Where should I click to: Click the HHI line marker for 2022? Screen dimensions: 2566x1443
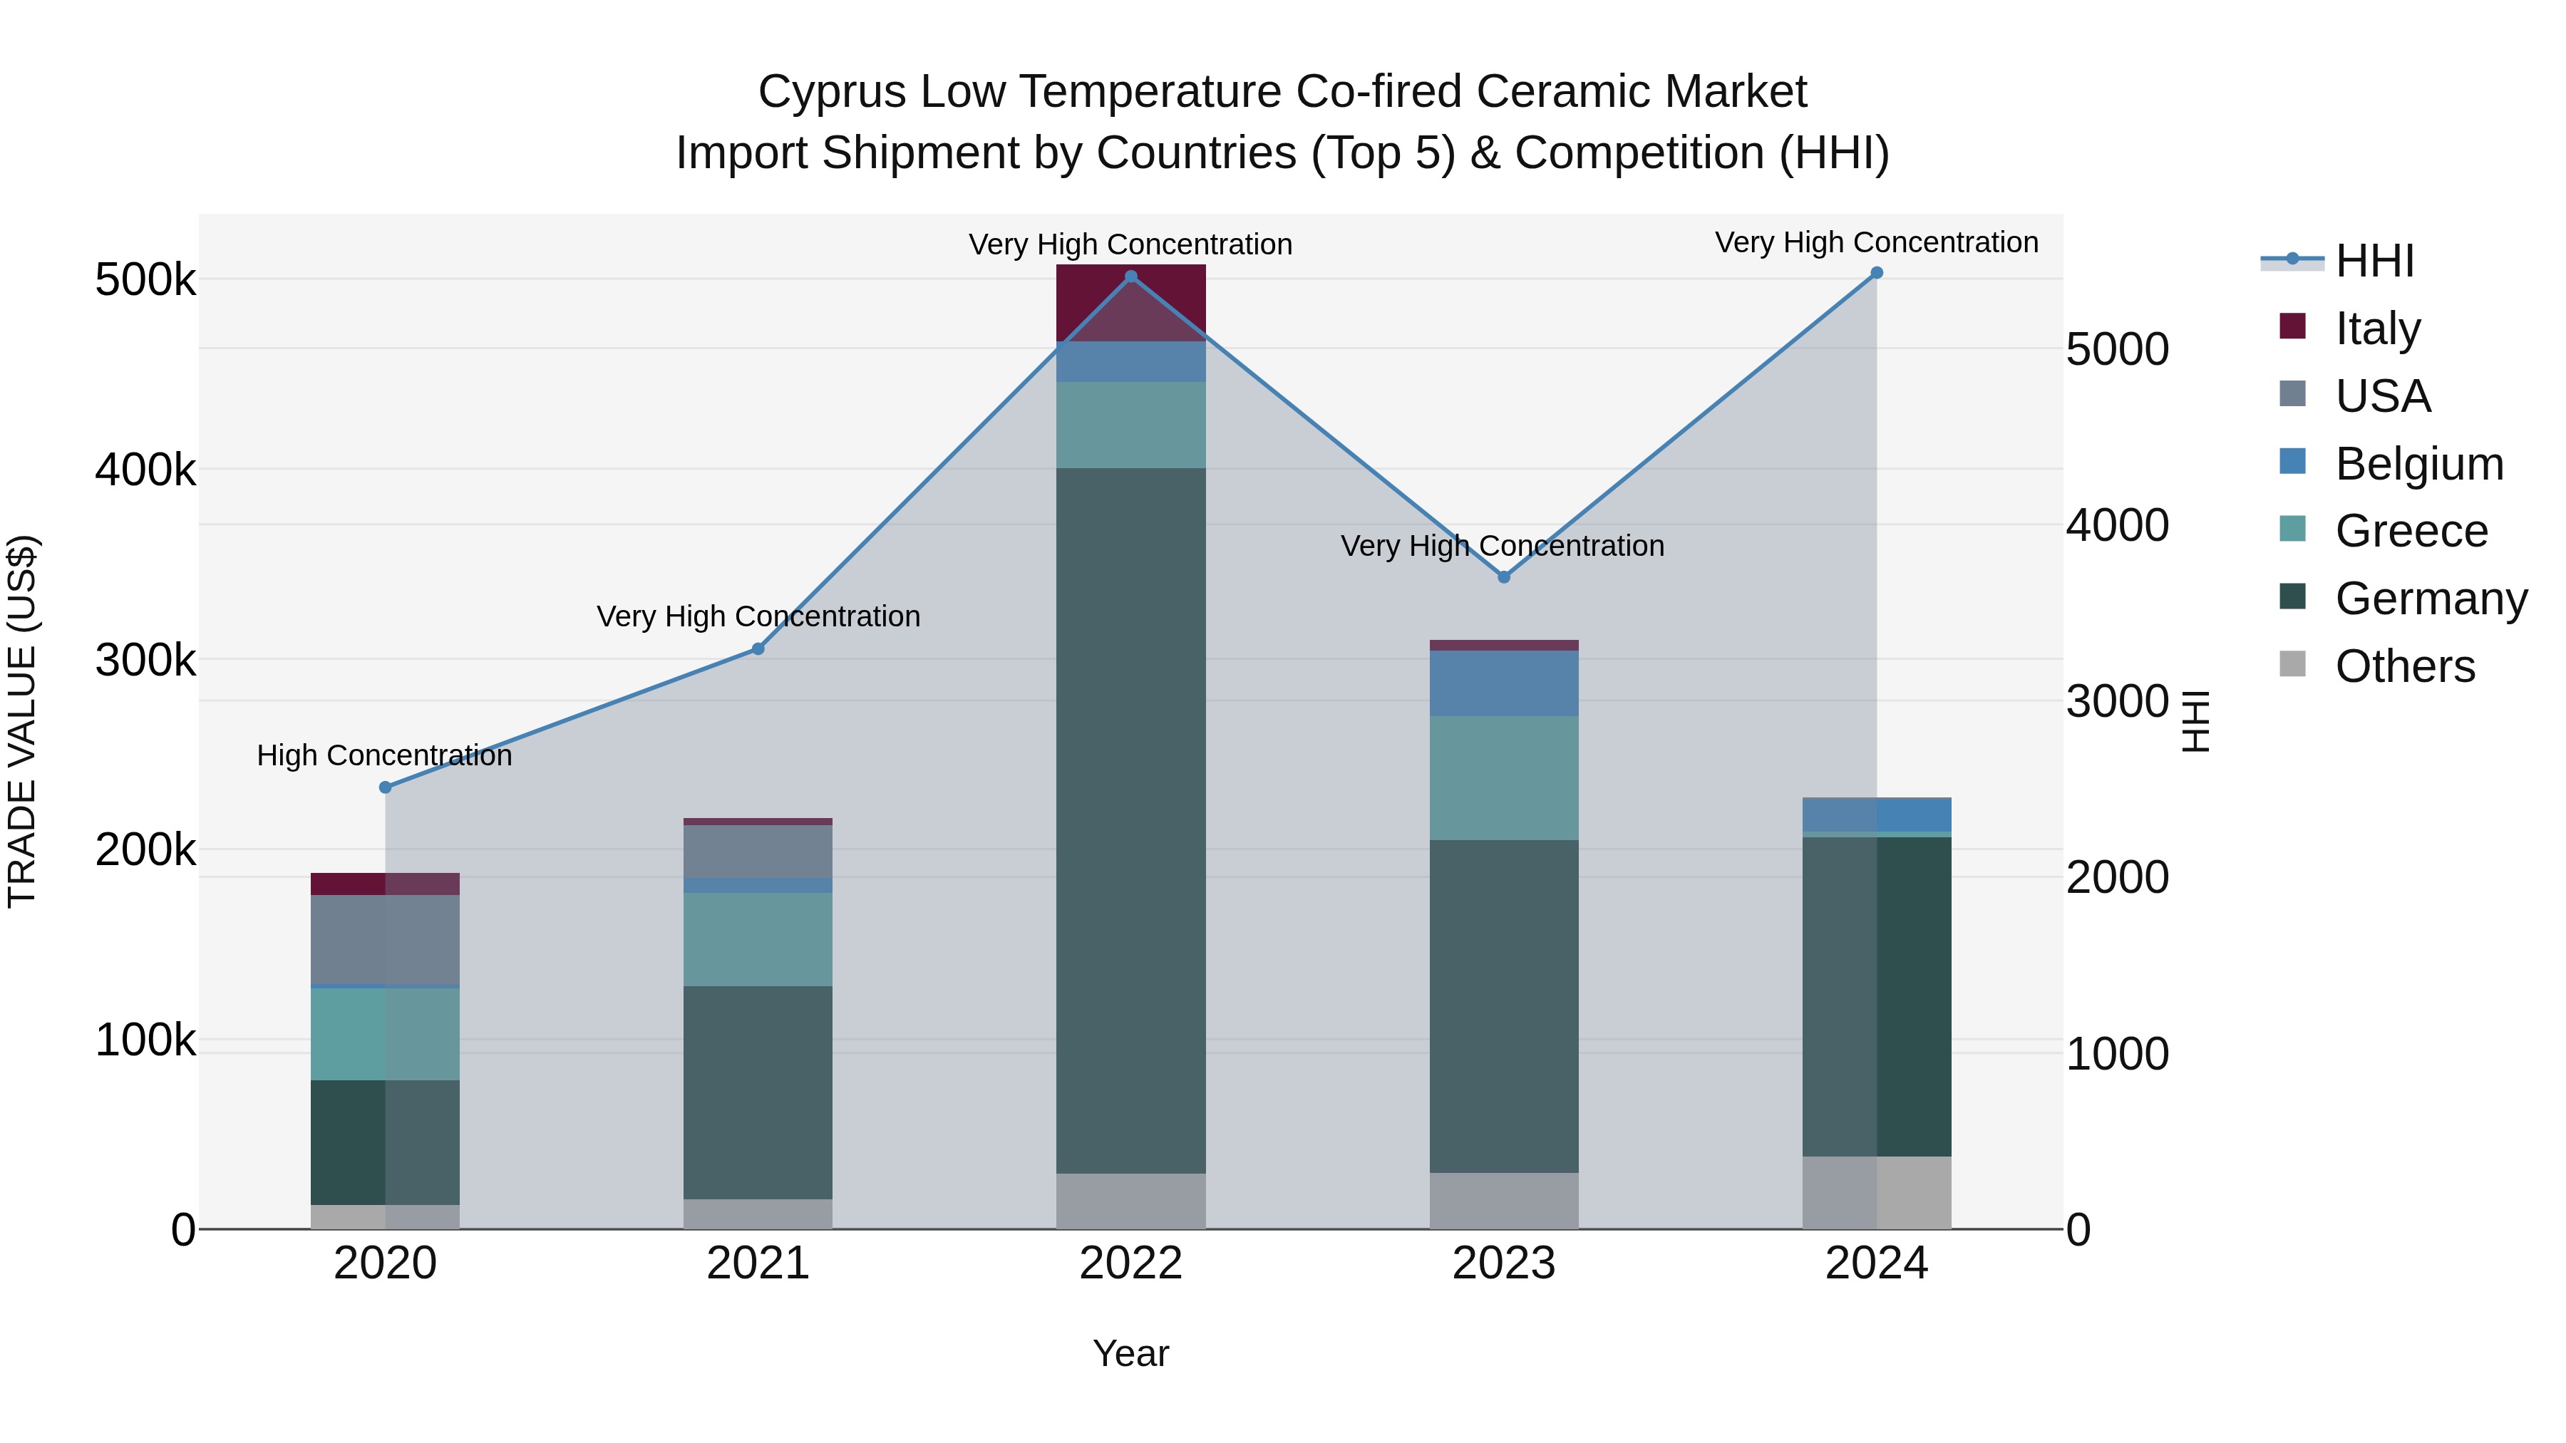[x=1130, y=277]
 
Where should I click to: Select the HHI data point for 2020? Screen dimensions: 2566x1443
[x=386, y=787]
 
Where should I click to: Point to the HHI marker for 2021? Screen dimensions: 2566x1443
[x=758, y=649]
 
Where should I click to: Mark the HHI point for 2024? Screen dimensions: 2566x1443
[x=1877, y=273]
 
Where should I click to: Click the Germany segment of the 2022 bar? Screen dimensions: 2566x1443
[x=1130, y=821]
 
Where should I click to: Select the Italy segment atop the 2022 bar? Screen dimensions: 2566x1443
[x=1130, y=303]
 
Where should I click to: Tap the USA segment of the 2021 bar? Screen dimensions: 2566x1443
[x=758, y=852]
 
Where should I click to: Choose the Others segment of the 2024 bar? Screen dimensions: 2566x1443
[x=1877, y=1192]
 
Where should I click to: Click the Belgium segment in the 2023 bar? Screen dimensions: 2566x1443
[x=1504, y=683]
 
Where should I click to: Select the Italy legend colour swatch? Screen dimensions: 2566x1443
[x=2292, y=326]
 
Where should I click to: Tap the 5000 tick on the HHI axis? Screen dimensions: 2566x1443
[x=2118, y=350]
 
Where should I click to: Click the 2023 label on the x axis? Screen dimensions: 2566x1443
[x=1504, y=1263]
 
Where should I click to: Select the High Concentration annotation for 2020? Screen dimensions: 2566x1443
[x=384, y=756]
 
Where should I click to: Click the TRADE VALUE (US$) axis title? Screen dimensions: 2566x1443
[x=22, y=721]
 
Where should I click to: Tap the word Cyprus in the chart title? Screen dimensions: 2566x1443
[x=833, y=93]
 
